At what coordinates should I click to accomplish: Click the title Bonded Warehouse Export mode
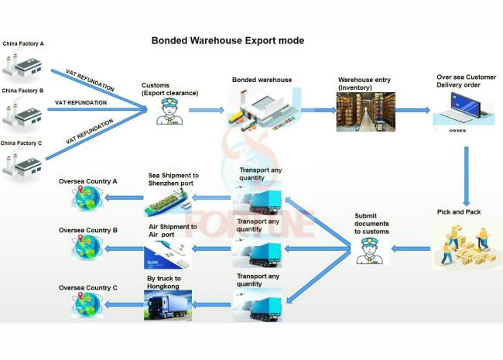[x=228, y=41]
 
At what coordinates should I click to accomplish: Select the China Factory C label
[x=21, y=143]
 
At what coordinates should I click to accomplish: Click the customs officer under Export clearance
[x=169, y=111]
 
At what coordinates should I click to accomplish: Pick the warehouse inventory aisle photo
[x=366, y=112]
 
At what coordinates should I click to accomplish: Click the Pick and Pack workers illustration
[x=466, y=245]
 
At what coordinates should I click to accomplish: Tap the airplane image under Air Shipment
[x=168, y=253]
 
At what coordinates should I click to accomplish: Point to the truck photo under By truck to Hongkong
[x=168, y=305]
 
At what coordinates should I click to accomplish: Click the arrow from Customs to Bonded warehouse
[x=207, y=110]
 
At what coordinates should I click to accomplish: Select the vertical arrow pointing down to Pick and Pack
[x=467, y=177]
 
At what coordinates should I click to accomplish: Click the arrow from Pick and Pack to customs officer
[x=411, y=249]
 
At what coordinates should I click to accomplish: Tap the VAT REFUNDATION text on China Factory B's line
[x=80, y=103]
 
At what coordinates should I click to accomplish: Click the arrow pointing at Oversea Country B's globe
[x=124, y=249]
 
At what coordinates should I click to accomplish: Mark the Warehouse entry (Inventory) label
[x=364, y=84]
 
